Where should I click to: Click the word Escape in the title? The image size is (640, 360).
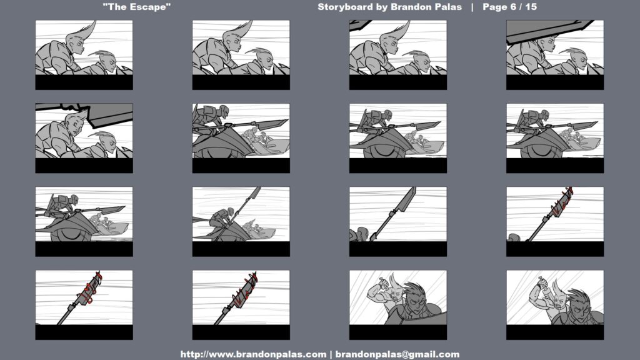click(x=151, y=7)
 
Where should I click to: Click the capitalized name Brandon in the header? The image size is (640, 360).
click(x=411, y=7)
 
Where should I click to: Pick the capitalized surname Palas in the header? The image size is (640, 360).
click(x=448, y=7)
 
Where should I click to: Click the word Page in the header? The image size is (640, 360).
click(x=495, y=7)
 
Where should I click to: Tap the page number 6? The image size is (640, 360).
click(x=513, y=7)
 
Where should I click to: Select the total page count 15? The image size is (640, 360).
click(x=531, y=7)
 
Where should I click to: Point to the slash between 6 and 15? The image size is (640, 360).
click(x=521, y=7)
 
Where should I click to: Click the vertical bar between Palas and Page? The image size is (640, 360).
click(x=472, y=7)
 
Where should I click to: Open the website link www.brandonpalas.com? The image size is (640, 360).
click(x=254, y=354)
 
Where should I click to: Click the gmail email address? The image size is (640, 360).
click(x=397, y=354)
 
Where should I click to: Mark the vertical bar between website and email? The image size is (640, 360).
click(x=331, y=354)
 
